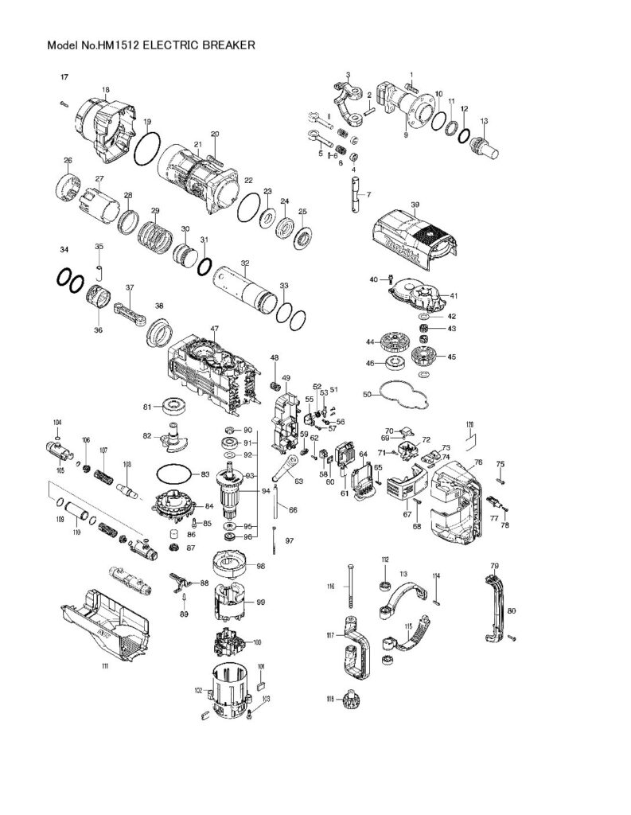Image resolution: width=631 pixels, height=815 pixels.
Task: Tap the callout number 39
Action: coord(415,205)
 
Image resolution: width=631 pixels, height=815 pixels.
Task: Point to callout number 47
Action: coord(214,328)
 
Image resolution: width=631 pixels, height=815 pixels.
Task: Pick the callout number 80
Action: coord(512,611)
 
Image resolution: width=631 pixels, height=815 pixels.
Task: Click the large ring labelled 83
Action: coord(171,474)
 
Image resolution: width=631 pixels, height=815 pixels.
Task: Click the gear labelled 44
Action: coord(389,342)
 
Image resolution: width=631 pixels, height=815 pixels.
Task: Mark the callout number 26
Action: coord(68,160)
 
